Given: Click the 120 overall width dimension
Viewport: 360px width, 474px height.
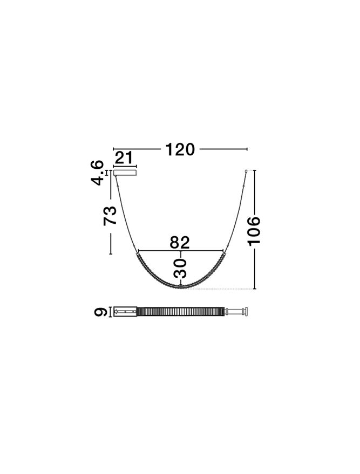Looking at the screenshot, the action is click(x=180, y=149).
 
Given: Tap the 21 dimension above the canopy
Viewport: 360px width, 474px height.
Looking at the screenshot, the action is click(x=124, y=158).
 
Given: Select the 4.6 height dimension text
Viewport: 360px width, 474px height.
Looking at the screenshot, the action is click(x=97, y=173).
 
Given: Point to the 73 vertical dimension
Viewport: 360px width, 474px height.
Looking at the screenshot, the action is click(x=110, y=216).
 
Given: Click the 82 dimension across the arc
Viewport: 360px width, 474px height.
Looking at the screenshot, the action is click(x=180, y=242).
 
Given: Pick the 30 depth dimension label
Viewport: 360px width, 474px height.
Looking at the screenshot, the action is click(x=180, y=268).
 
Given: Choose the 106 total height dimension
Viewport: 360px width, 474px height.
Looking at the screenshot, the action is click(x=254, y=230).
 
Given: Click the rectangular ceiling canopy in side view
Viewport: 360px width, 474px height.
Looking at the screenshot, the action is click(x=125, y=173).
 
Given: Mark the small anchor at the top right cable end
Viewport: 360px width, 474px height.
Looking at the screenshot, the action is click(x=246, y=171).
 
